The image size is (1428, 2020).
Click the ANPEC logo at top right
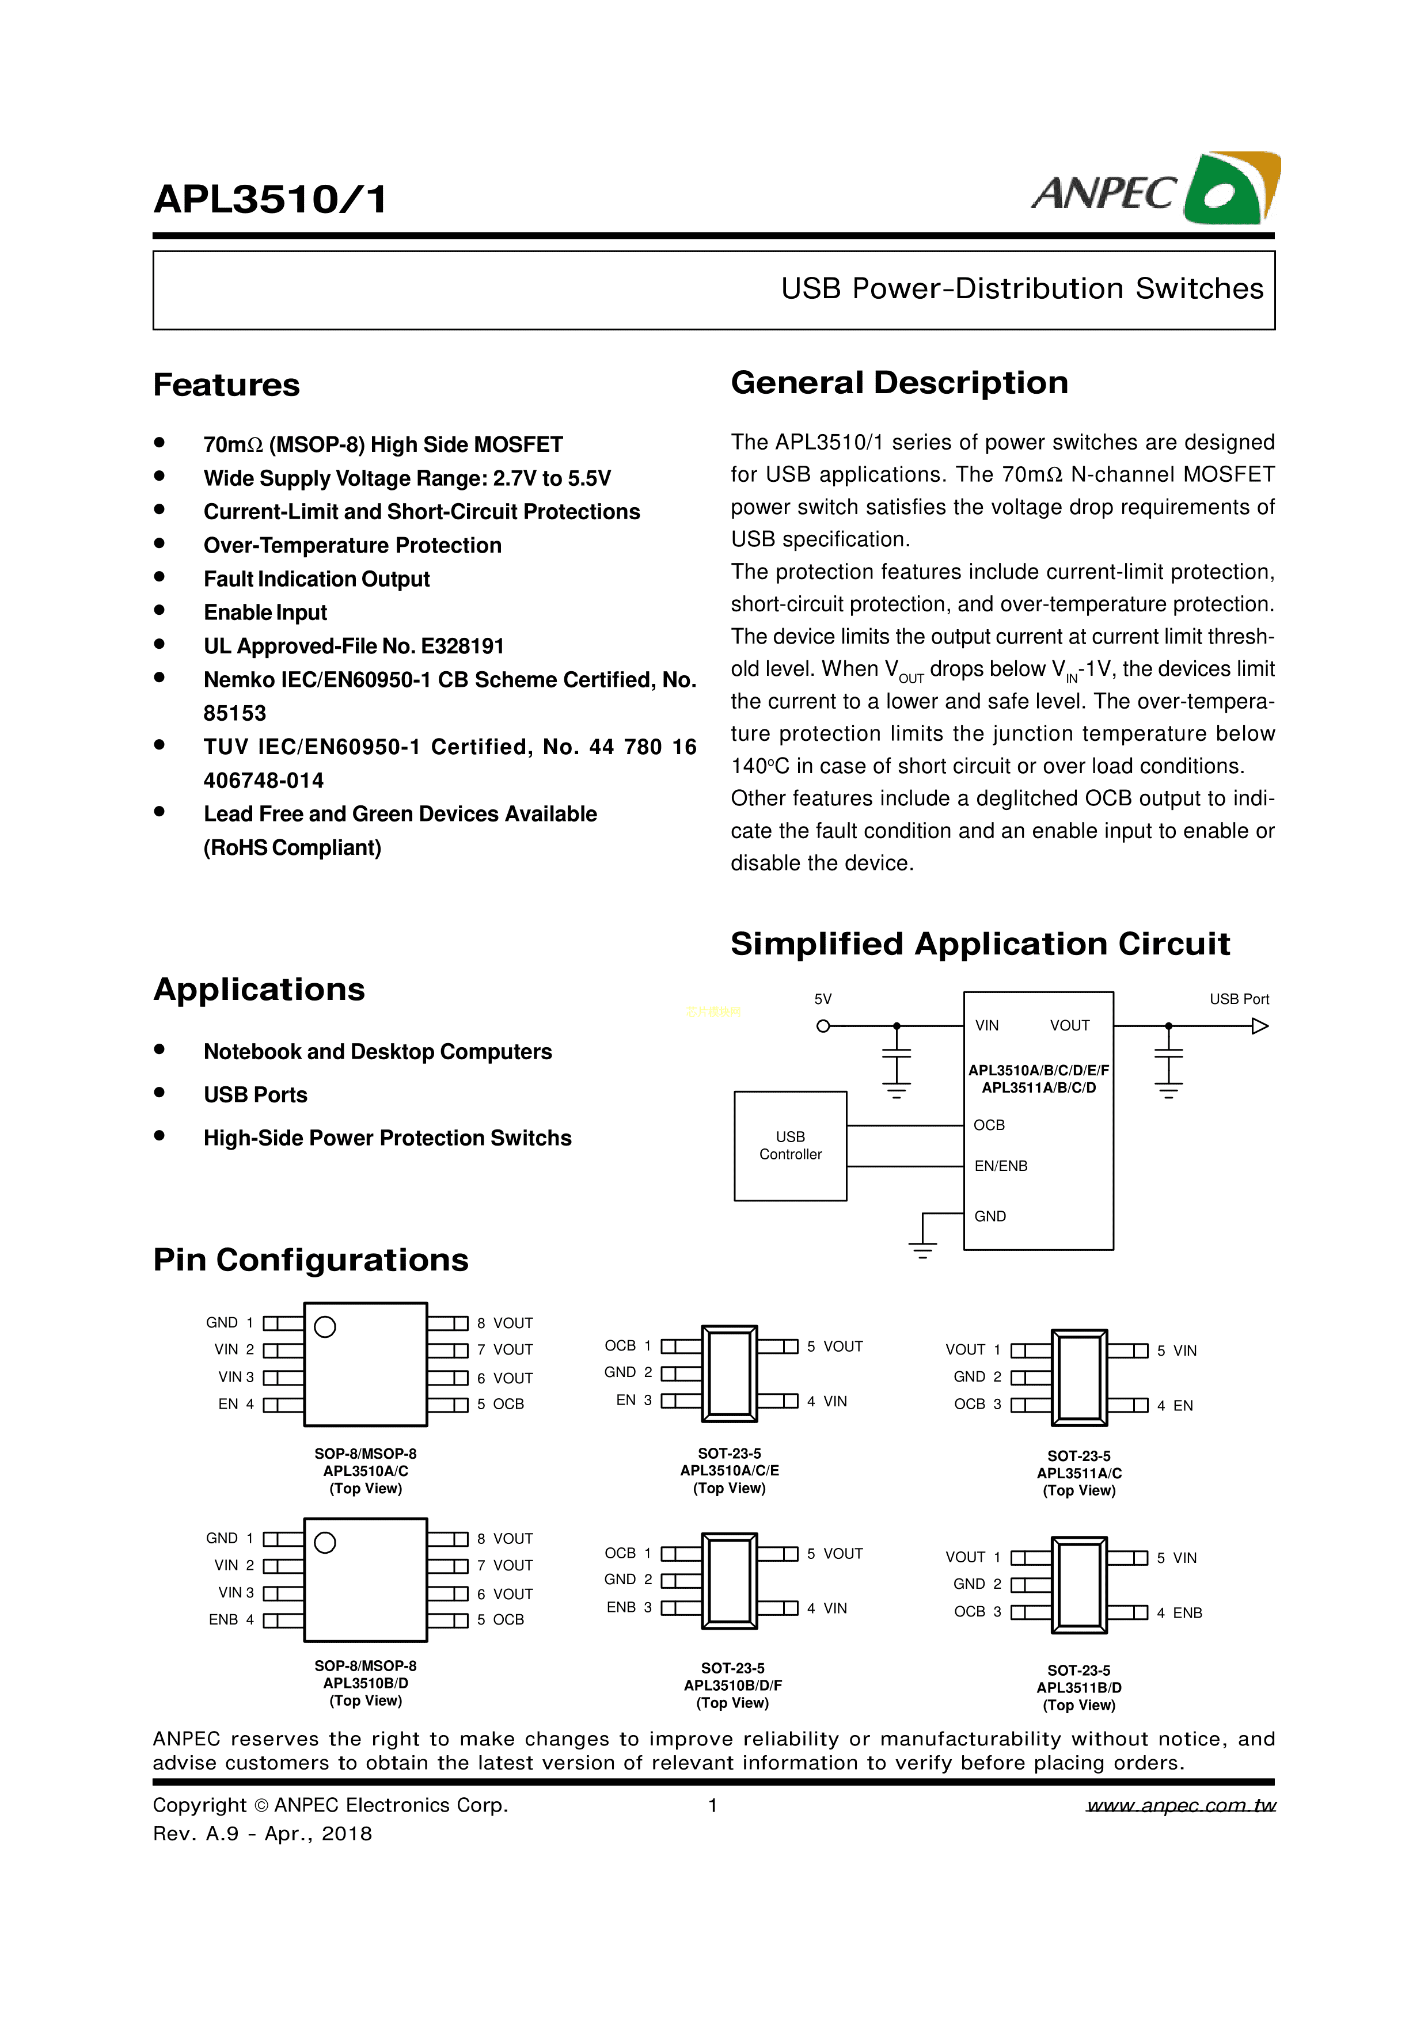click(1154, 189)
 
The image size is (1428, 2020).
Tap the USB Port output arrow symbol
click(1260, 1026)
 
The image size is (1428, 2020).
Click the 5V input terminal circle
click(823, 1026)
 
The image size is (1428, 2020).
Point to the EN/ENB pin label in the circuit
click(1000, 1166)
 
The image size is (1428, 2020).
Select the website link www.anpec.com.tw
click(1181, 1805)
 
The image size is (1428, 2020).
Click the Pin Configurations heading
click(310, 1260)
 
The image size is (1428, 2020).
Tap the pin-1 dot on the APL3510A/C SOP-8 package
click(325, 1327)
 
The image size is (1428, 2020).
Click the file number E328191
click(463, 646)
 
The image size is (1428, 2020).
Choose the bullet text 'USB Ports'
click(255, 1094)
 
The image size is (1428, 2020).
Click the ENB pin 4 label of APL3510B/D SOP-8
click(223, 1620)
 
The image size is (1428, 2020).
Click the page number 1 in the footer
click(713, 1805)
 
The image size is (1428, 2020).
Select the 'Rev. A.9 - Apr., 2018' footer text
click(262, 1833)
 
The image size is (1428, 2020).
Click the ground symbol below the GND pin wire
click(922, 1249)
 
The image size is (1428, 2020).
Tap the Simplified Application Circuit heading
click(979, 944)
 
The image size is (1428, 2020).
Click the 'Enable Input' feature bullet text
click(265, 613)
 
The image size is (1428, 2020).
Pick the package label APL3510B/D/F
click(732, 1686)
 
